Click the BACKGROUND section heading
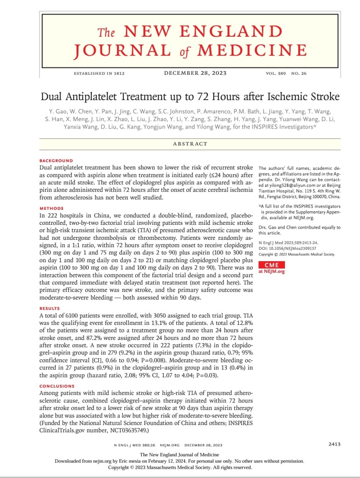point(56,161)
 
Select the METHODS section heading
point(51,208)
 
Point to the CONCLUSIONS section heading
point(57,386)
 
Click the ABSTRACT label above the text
point(190,144)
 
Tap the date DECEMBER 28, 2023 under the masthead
point(195,73)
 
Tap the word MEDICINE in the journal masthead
point(252,50)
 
